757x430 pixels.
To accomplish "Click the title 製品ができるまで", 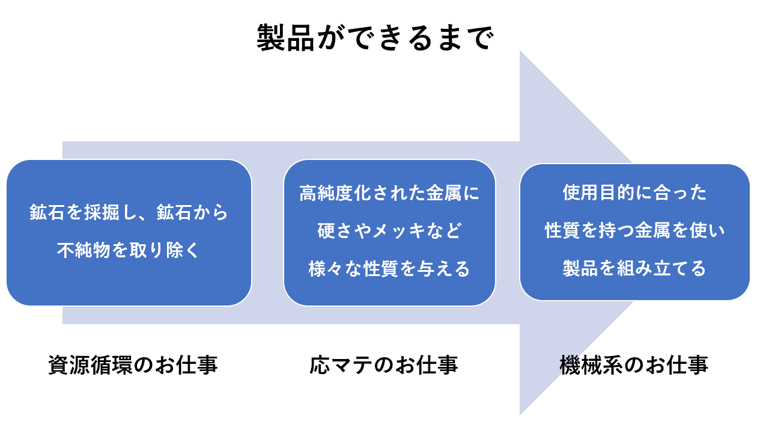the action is [375, 37].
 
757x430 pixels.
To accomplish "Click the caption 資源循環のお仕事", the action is [133, 365].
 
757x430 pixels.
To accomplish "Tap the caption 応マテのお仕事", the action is [383, 365].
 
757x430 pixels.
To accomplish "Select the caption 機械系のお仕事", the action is [634, 365].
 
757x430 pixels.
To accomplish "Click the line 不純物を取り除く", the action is [128, 250].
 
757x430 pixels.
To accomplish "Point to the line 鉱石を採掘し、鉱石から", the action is [129, 212].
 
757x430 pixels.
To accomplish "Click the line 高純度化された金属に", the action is [389, 193].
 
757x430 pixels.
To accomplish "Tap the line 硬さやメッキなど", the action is [389, 231].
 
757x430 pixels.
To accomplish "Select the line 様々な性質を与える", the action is [389, 269].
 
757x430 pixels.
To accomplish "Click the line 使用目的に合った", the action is [634, 192].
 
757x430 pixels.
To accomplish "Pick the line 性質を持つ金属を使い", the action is [634, 230].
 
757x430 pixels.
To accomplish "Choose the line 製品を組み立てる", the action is [634, 268].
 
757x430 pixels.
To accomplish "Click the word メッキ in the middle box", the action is [399, 231].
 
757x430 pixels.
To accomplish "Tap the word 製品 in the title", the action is [286, 37].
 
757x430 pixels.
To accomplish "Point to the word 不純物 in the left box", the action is [84, 250].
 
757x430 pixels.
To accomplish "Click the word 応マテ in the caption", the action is [341, 365].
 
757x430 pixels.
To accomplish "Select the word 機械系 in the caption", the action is [591, 365].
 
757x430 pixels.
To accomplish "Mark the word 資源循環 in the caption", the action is [90, 365].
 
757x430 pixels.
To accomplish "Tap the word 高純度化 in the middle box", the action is [335, 193].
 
